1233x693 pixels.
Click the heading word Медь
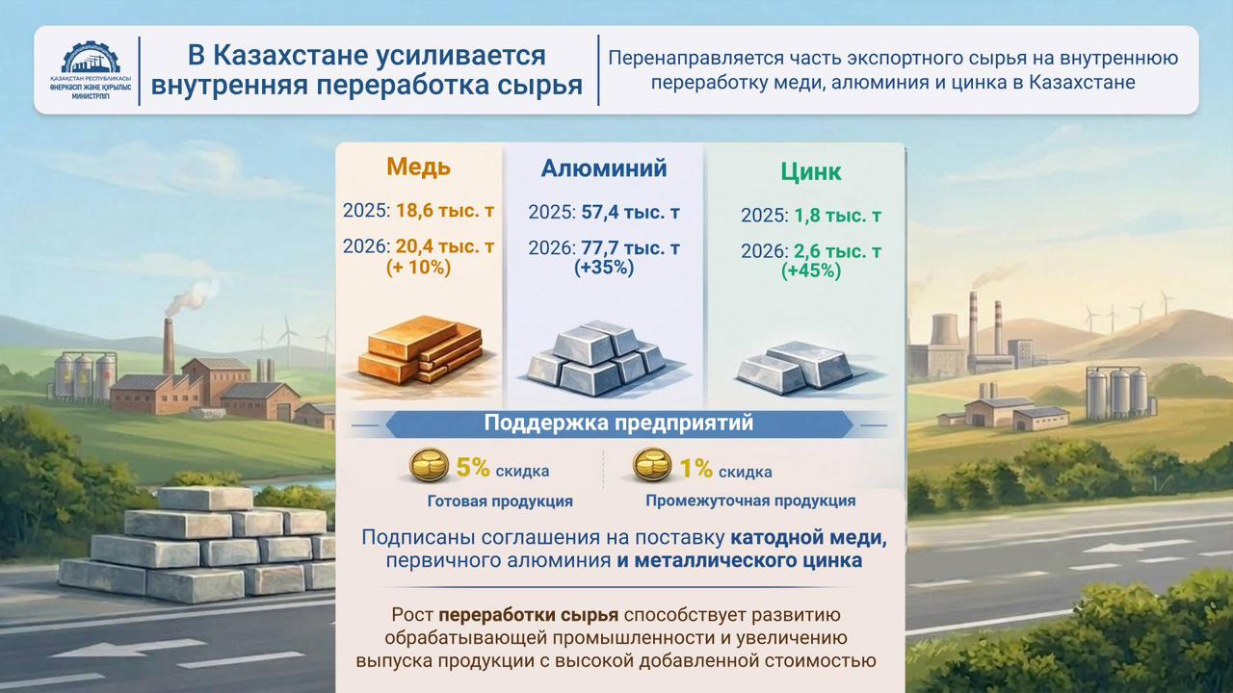(x=418, y=167)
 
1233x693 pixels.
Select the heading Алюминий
(x=604, y=168)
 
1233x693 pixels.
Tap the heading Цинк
(x=810, y=171)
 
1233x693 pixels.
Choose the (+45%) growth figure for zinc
(x=810, y=271)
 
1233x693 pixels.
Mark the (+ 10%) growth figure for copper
(x=418, y=268)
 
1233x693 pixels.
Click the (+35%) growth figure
(x=604, y=268)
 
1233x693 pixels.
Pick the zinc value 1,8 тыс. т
(x=834, y=216)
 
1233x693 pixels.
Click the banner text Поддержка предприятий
(x=618, y=423)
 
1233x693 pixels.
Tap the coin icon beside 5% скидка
(x=430, y=468)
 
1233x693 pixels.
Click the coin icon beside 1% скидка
(x=652, y=468)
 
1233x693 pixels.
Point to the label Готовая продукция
(x=500, y=501)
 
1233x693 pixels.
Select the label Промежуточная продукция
(x=750, y=500)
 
